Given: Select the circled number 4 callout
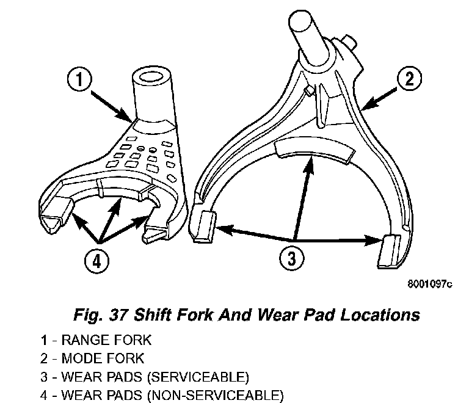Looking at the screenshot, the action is (96, 261).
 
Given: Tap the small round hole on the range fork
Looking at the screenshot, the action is (140, 148).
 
